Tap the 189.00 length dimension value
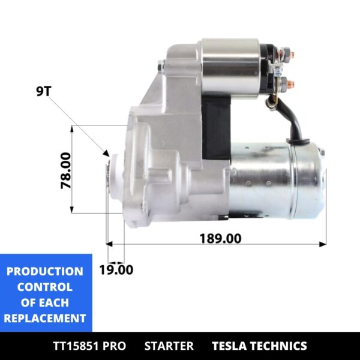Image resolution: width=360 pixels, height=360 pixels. click(220, 238)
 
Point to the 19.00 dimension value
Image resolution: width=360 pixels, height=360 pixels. click(116, 269)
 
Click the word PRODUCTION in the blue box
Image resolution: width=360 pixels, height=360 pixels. click(45, 271)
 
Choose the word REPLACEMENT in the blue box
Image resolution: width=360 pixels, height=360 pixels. click(45, 318)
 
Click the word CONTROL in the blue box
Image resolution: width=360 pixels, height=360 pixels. click(45, 287)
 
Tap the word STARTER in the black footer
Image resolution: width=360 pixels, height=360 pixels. click(169, 346)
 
